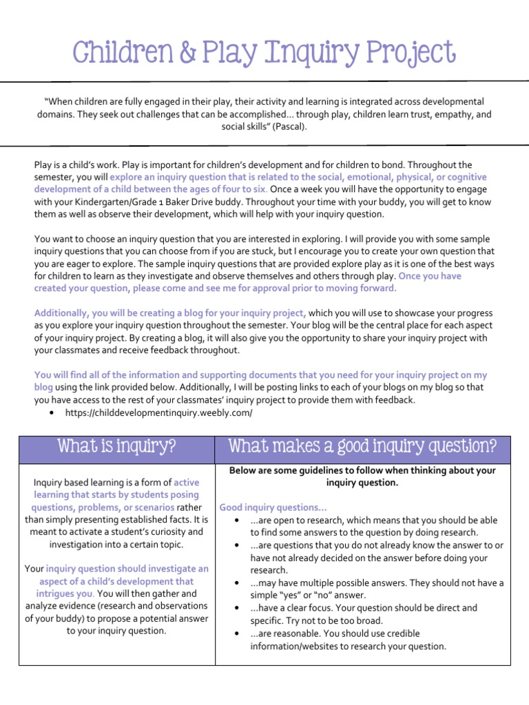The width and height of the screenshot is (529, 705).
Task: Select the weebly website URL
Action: click(158, 412)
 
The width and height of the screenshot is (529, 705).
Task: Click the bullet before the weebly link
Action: click(53, 412)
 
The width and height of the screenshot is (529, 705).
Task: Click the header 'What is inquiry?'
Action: click(116, 448)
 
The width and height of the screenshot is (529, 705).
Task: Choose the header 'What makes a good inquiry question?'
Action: click(362, 448)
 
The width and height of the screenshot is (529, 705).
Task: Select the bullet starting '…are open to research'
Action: click(237, 520)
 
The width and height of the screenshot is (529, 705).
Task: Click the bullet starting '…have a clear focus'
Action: click(237, 609)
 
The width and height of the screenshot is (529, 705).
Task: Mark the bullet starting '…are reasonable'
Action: click(237, 633)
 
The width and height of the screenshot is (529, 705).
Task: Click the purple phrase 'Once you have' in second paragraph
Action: click(430, 275)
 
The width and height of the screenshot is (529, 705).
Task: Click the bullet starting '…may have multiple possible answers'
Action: click(237, 583)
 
